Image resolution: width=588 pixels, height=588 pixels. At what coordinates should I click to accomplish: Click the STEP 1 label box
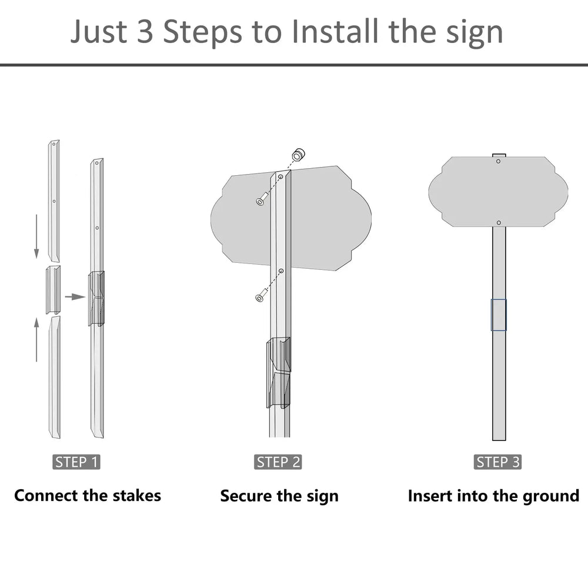(76, 462)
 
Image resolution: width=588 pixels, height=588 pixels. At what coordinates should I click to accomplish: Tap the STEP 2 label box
(278, 462)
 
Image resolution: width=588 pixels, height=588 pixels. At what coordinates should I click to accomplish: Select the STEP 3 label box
(497, 462)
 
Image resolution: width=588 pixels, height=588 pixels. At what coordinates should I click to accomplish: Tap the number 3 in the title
(145, 31)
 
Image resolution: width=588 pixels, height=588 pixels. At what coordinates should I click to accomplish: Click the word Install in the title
(335, 31)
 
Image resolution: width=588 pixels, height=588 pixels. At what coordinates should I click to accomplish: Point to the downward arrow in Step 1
(36, 236)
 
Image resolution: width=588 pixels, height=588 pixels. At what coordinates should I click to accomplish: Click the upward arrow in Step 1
(36, 340)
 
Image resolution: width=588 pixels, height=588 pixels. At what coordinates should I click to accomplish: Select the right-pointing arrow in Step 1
(75, 297)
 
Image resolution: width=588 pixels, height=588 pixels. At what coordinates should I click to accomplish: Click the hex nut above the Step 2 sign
(299, 154)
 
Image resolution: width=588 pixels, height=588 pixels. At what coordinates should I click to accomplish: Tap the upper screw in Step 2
(262, 199)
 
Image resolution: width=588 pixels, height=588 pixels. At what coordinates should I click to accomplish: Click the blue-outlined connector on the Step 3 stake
(499, 315)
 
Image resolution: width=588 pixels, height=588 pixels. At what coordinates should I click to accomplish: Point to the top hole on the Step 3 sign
(499, 161)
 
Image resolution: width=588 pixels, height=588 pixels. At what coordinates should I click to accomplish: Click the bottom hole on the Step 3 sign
(499, 223)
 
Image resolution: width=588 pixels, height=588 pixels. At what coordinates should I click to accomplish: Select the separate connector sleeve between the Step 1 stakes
(54, 290)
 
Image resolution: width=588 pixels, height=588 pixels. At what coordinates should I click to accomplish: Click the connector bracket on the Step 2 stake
(279, 372)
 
